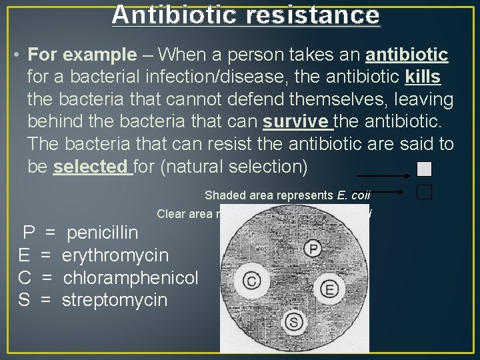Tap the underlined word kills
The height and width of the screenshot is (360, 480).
tap(423, 77)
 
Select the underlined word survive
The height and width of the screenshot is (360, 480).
tap(297, 122)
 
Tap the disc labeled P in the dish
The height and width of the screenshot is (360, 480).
tap(314, 248)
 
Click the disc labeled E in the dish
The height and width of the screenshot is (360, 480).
tap(328, 288)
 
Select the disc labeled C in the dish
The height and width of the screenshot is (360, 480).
tap(252, 281)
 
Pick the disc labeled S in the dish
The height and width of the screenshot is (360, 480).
tap(294, 323)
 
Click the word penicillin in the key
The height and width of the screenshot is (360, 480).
tap(103, 233)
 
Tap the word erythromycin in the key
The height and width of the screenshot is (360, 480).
tap(115, 255)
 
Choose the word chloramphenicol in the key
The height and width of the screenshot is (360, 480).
tap(131, 277)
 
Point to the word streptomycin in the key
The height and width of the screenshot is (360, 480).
tap(115, 300)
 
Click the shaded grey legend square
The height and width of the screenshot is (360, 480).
tap(424, 169)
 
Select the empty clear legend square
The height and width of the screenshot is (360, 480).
tap(424, 192)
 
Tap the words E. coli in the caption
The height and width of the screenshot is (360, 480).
tap(353, 195)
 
